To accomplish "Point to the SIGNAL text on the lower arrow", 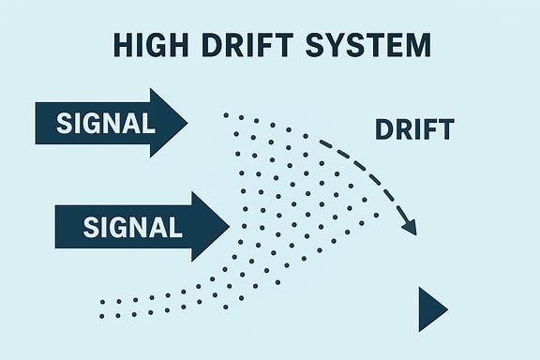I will (132, 226).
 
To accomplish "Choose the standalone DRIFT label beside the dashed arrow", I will (414, 129).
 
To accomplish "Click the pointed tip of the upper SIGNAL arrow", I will (186, 122).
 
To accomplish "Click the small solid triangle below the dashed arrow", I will (431, 309).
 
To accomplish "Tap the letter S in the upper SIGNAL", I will (63, 122).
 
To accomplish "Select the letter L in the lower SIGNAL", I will (175, 226).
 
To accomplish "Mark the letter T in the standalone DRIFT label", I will (447, 129).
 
